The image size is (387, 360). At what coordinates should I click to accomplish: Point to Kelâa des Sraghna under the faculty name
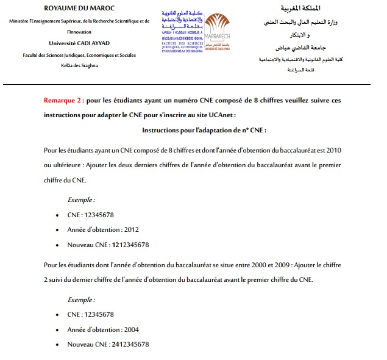pos(76,65)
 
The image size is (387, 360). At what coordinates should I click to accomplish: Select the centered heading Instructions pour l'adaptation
pos(204,131)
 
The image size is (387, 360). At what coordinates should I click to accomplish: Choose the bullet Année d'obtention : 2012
pos(103,230)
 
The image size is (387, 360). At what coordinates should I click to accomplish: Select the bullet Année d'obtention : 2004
pos(103,329)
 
